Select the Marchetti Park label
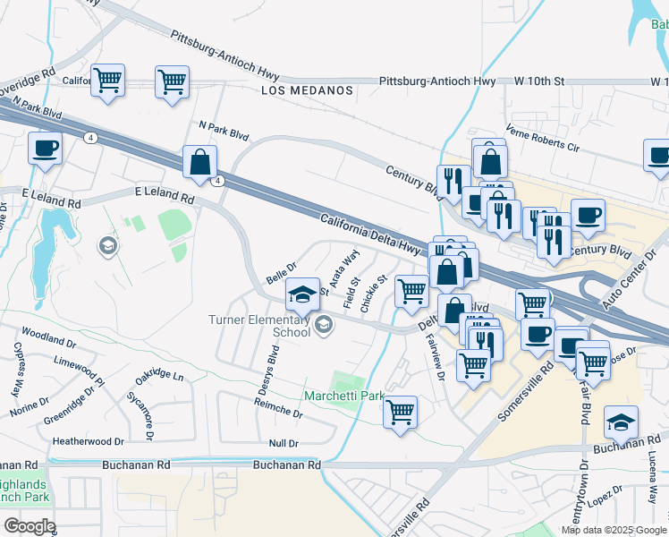(x=343, y=396)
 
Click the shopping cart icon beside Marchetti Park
(x=400, y=413)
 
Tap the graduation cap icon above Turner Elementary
(x=303, y=294)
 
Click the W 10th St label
(x=540, y=81)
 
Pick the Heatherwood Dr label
(x=88, y=441)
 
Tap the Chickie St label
(x=373, y=294)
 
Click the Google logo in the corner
(x=30, y=525)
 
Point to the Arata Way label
(x=344, y=268)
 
